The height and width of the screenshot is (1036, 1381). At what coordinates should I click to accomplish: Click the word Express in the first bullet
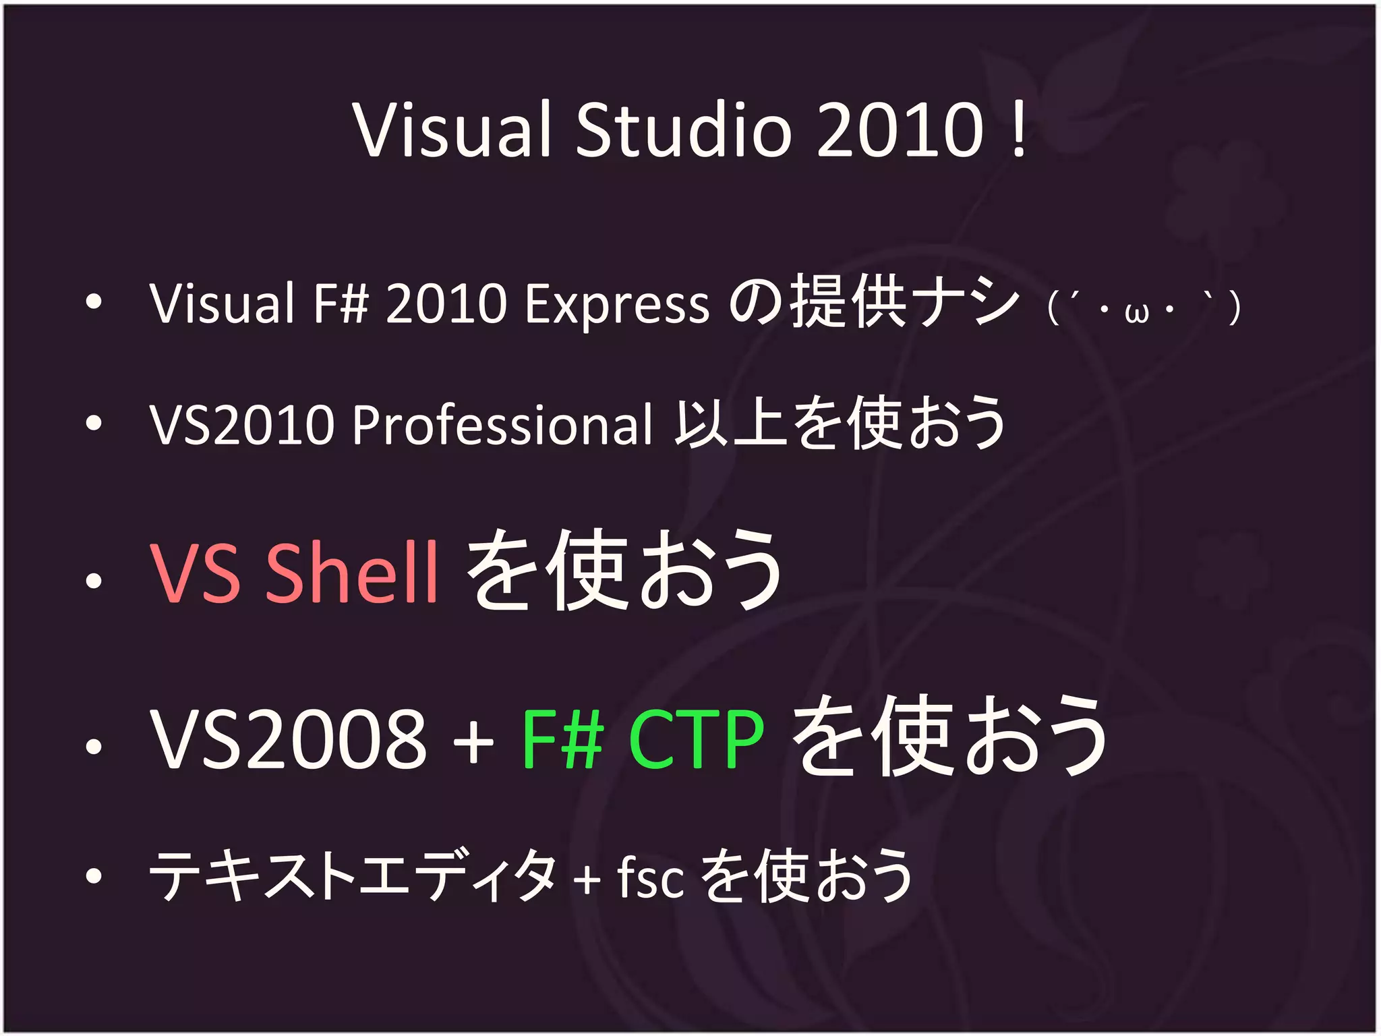[x=617, y=304]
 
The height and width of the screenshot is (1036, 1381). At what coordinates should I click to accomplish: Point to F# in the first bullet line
[x=341, y=304]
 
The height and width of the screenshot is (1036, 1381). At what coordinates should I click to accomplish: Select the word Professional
[x=502, y=425]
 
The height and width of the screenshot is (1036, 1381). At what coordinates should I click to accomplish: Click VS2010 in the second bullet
[x=243, y=425]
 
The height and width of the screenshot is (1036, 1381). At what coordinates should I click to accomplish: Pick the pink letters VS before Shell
[x=196, y=573]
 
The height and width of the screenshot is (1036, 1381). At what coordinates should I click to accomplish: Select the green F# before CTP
[x=562, y=740]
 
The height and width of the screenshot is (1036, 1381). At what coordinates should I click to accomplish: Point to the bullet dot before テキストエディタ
[x=94, y=875]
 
